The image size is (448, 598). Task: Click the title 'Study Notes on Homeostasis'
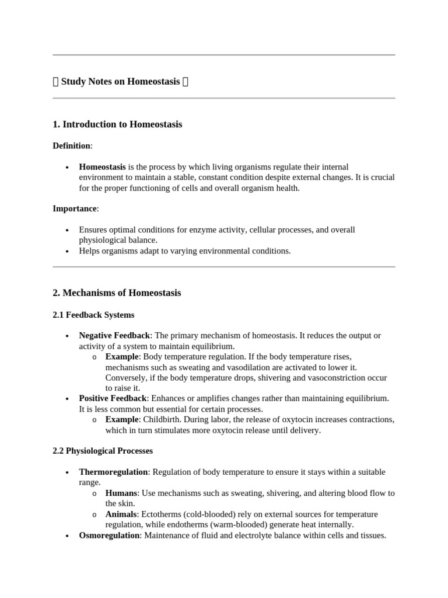click(120, 82)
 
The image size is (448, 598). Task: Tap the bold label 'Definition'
click(71, 145)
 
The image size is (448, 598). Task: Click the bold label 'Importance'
click(74, 208)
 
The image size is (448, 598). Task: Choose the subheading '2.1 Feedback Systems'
click(93, 315)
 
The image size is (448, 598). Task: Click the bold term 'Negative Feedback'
click(114, 335)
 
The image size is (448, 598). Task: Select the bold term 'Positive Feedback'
click(113, 398)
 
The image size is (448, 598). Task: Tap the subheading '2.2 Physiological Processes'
click(103, 451)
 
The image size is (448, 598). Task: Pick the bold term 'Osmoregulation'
click(109, 535)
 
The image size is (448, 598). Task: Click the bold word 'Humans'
click(121, 493)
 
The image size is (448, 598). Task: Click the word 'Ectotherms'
click(168, 514)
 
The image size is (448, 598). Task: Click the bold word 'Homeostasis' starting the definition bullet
click(102, 167)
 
